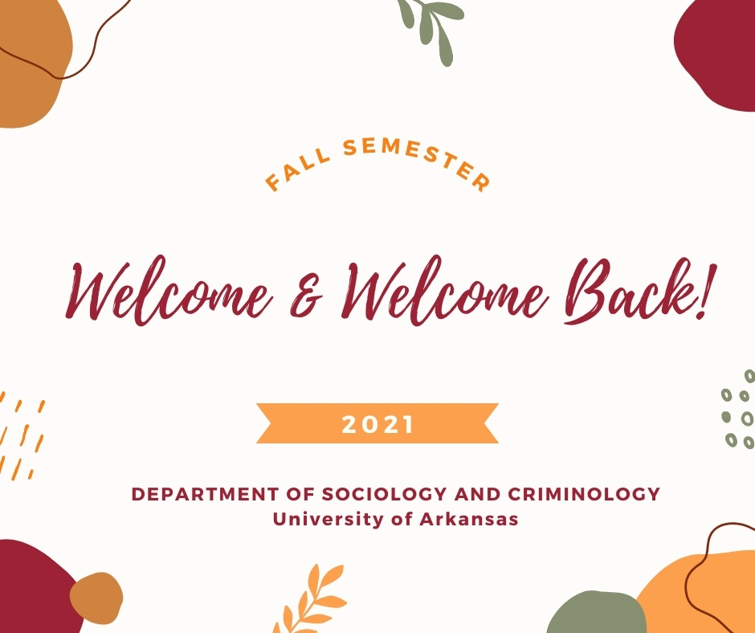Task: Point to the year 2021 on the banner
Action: [x=377, y=424]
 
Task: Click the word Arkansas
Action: [x=469, y=519]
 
